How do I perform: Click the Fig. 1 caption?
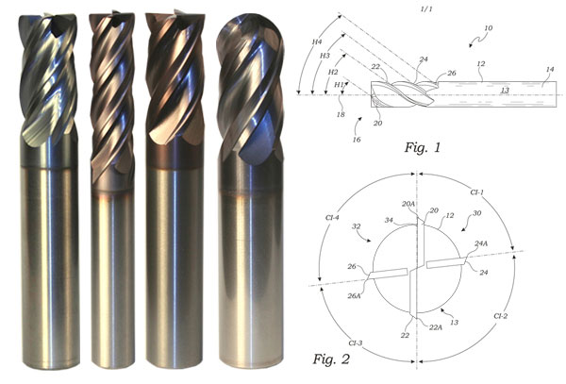coord(423,147)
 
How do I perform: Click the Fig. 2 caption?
coord(331,359)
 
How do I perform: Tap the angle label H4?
coord(317,42)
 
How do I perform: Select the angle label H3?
coord(325,56)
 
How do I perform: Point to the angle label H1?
coord(339,85)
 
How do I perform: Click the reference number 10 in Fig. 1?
coord(488,27)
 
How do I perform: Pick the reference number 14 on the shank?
coord(549,69)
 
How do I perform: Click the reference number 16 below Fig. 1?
coord(357,140)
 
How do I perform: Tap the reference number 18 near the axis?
coord(341,115)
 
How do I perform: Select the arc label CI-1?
coord(476,192)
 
